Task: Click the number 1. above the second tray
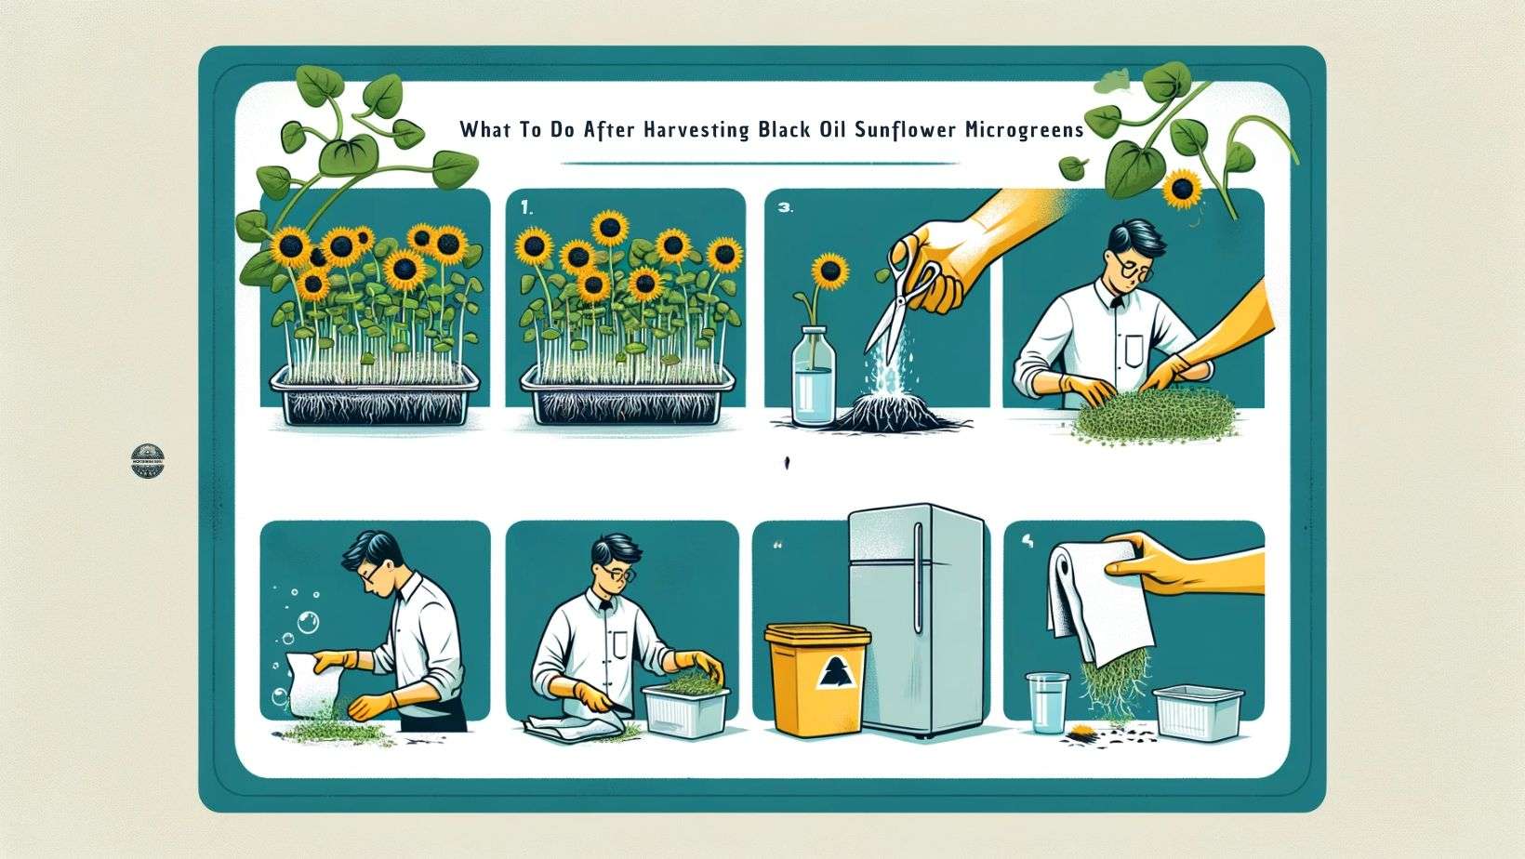point(527,210)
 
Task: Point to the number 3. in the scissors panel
point(784,210)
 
